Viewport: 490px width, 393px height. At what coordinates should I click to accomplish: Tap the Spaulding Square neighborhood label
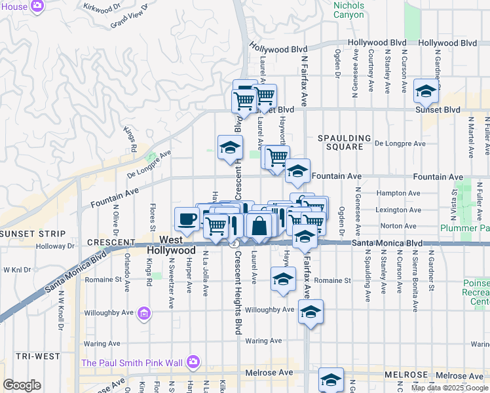point(340,142)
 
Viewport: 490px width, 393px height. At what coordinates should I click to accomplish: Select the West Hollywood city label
point(171,246)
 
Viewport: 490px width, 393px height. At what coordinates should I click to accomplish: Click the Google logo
point(22,385)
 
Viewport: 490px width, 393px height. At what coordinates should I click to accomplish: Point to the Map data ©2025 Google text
point(449,388)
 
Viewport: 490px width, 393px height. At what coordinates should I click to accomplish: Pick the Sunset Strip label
point(33,233)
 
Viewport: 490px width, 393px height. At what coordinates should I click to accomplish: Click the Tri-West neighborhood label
point(22,356)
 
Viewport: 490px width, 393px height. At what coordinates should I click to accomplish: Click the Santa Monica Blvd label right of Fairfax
point(386,242)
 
